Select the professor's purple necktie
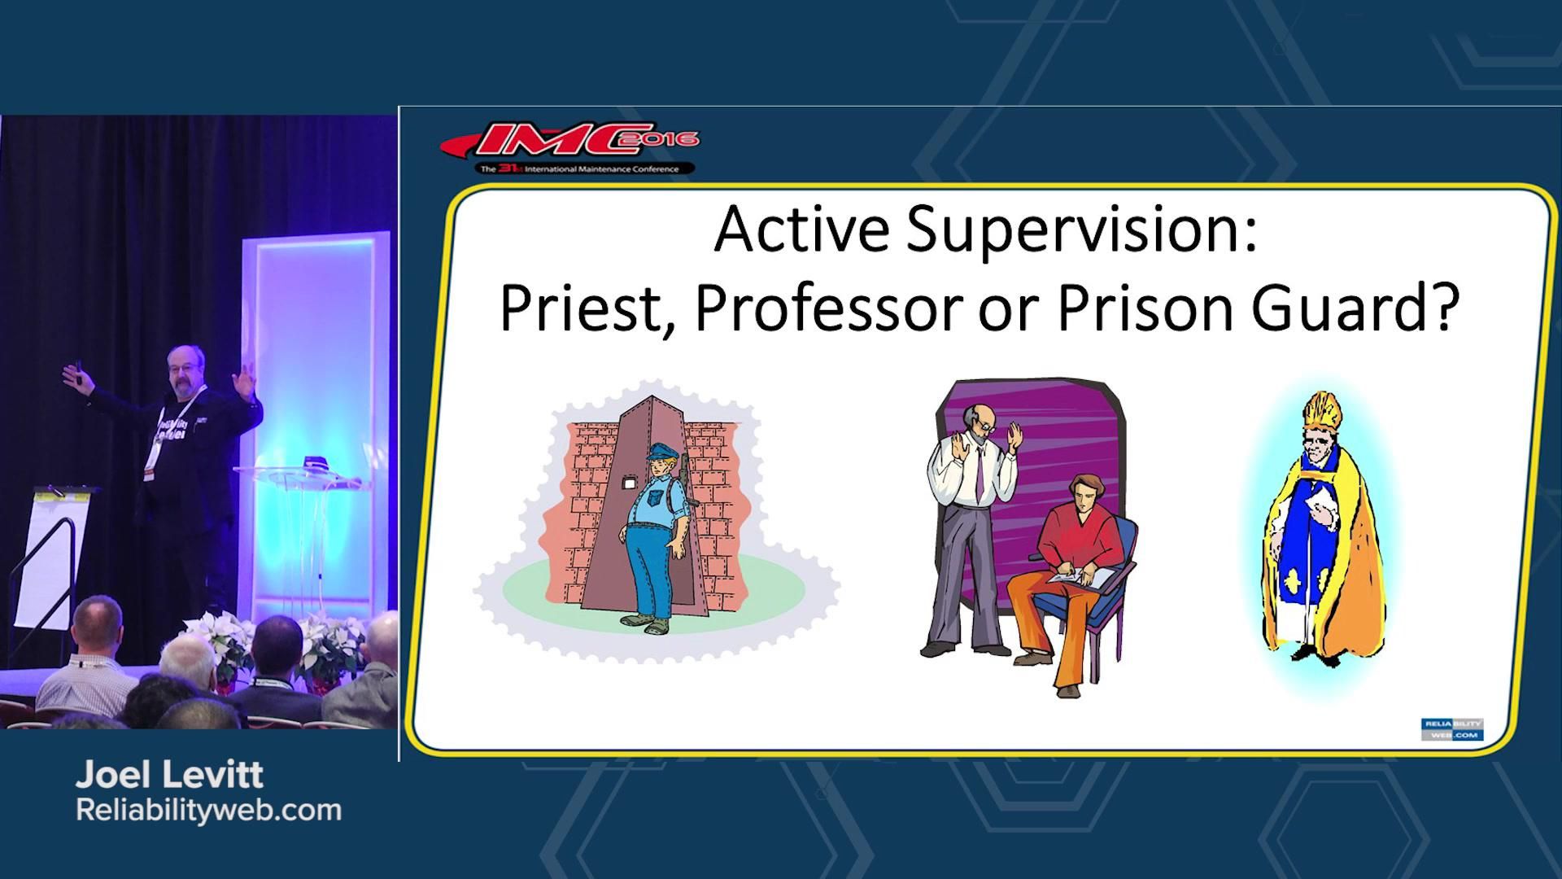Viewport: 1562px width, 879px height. (x=980, y=472)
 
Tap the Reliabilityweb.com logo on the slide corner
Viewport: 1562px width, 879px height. (x=1452, y=729)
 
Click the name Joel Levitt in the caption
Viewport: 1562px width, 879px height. (x=169, y=776)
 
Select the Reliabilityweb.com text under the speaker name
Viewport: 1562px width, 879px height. (x=208, y=811)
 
